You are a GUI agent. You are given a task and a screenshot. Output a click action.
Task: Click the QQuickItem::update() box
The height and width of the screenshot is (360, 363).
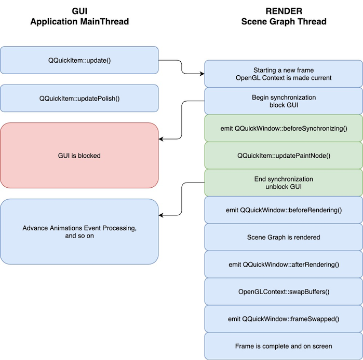pyautogui.click(x=79, y=60)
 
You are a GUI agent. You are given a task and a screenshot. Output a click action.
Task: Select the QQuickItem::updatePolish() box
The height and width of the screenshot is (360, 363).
pyautogui.click(x=79, y=98)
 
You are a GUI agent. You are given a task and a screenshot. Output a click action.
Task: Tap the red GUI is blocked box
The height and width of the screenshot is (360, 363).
pyautogui.click(x=79, y=155)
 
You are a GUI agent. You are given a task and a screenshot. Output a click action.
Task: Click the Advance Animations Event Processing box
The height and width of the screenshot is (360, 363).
pyautogui.click(x=79, y=231)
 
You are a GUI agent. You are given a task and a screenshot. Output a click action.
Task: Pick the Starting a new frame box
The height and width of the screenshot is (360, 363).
pyautogui.click(x=284, y=74)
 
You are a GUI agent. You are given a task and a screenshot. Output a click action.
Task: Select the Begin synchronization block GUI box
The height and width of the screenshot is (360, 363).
pyautogui.click(x=284, y=101)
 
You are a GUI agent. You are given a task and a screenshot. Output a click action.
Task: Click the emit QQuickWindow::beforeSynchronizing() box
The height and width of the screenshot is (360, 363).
pyautogui.click(x=284, y=128)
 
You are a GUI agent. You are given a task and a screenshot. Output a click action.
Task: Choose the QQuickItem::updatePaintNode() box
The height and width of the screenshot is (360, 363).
pyautogui.click(x=284, y=155)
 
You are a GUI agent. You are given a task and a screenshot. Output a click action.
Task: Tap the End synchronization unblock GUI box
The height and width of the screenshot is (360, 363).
pyautogui.click(x=284, y=183)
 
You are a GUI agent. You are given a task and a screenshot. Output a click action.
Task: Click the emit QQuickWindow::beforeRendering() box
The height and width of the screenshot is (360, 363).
pyautogui.click(x=284, y=210)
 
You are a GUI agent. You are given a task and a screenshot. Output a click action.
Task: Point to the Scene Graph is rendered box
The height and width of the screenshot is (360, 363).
pyautogui.click(x=284, y=237)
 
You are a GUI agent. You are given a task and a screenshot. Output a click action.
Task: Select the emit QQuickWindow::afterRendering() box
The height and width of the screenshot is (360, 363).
pyautogui.click(x=284, y=265)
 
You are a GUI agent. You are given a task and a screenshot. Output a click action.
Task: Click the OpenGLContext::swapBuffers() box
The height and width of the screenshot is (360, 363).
pyautogui.click(x=284, y=292)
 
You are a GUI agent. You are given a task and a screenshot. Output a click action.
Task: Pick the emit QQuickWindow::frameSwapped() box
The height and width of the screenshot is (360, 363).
pyautogui.click(x=284, y=319)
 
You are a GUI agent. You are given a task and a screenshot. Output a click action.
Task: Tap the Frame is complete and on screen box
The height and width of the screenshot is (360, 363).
pyautogui.click(x=284, y=346)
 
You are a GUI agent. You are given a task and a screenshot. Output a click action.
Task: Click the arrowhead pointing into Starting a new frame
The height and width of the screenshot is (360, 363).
pyautogui.click(x=201, y=74)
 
